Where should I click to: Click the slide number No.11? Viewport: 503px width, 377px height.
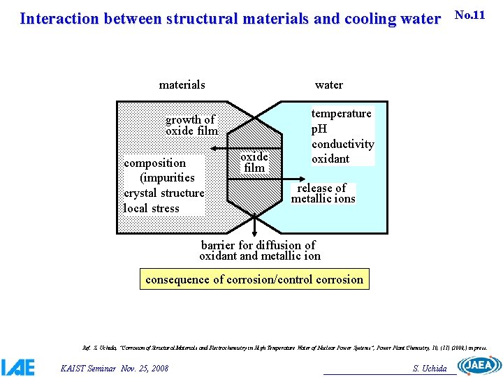pos(469,15)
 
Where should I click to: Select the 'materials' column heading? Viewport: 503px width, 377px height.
pos(182,85)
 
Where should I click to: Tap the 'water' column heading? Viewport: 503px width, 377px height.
pos(328,85)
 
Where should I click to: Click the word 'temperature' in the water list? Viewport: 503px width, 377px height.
pos(341,114)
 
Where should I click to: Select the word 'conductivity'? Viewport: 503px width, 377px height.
pos(342,144)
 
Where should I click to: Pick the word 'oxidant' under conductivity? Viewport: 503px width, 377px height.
pos(330,158)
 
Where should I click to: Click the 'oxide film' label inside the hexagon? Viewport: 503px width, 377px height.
pos(254,162)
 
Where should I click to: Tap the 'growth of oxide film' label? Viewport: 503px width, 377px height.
pos(191,126)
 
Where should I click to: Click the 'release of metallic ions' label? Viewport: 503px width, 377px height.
pos(323,193)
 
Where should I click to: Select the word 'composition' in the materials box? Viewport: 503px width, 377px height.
pos(155,163)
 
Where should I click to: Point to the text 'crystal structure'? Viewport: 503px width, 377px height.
pos(164,193)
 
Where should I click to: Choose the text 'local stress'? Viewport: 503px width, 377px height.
pos(152,208)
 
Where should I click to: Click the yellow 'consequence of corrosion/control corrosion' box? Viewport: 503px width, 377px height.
pos(254,279)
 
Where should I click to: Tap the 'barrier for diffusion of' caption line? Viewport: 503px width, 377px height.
pos(258,245)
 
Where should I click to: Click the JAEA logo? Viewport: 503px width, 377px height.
pos(479,365)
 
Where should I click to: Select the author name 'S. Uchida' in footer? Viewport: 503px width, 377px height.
pos(430,369)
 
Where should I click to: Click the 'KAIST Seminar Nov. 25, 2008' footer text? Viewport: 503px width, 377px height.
pos(115,368)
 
